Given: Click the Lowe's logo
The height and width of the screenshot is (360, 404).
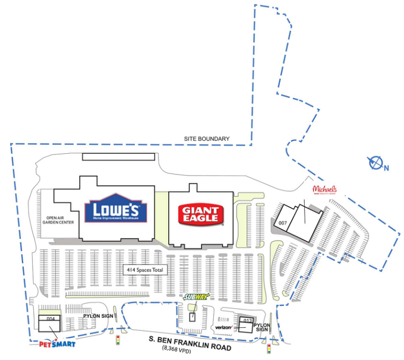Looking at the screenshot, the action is [x=112, y=209].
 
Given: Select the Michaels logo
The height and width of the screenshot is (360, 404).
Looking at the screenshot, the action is [x=325, y=190].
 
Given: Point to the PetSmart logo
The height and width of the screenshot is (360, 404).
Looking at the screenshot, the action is [x=52, y=343].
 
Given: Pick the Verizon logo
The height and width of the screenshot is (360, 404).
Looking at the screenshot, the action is [x=223, y=327].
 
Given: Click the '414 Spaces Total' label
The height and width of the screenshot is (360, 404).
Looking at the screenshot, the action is [x=144, y=270].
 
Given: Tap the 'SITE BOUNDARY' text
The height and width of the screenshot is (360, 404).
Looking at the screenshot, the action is [x=206, y=139].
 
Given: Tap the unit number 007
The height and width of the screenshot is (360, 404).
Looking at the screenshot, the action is [x=282, y=223].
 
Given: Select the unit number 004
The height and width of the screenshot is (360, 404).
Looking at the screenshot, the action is [x=50, y=319].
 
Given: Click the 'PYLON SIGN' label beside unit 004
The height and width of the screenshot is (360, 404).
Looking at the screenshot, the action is [x=98, y=315].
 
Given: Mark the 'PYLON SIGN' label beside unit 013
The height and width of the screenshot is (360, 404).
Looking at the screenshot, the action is [x=262, y=327].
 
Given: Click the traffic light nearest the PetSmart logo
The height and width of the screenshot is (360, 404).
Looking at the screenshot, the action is [x=118, y=340].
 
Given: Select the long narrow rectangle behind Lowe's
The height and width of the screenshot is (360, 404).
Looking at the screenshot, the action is [x=118, y=157].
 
